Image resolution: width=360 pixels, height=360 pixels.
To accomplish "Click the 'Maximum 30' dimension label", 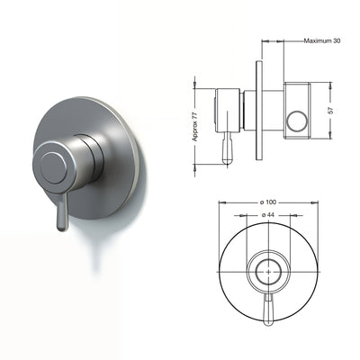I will tap(322, 41).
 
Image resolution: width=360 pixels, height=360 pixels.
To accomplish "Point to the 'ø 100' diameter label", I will tap(266, 202).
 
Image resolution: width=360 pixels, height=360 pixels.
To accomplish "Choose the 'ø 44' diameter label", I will tap(266, 216).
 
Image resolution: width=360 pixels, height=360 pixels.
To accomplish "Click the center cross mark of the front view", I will tap(267, 269).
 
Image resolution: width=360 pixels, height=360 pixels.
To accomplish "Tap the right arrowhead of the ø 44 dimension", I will tap(286, 216).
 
